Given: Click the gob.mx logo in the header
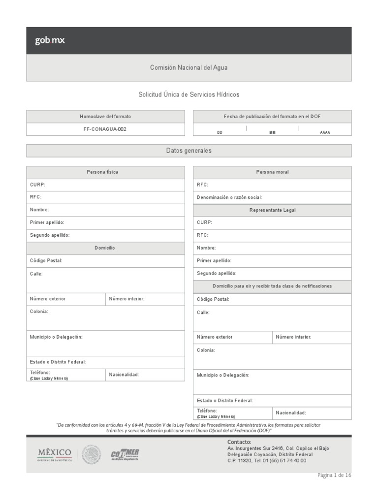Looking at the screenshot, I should (50, 41).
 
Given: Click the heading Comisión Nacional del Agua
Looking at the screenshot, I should (189, 68).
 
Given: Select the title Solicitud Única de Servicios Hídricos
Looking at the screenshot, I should (189, 94).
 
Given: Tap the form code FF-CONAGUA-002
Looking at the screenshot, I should (105, 129).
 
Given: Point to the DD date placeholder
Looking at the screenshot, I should (220, 132).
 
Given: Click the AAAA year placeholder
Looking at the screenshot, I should (325, 132).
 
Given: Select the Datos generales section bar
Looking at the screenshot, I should (189, 151).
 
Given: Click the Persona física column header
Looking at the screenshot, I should (105, 172).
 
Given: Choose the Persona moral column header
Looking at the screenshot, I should (272, 172).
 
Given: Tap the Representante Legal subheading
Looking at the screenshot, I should (272, 210).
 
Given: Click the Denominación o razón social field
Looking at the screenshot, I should (272, 197).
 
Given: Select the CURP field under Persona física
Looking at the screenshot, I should (105, 185).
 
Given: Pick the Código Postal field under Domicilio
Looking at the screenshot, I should (105, 260).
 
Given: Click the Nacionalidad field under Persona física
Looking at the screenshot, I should (145, 375).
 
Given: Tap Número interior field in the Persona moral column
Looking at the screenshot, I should (312, 337).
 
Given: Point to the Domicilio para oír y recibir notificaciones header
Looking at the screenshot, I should (272, 286).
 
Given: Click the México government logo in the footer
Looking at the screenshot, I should (55, 454).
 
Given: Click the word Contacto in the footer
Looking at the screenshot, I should (239, 442).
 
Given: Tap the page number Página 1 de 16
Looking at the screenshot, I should (334, 475).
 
